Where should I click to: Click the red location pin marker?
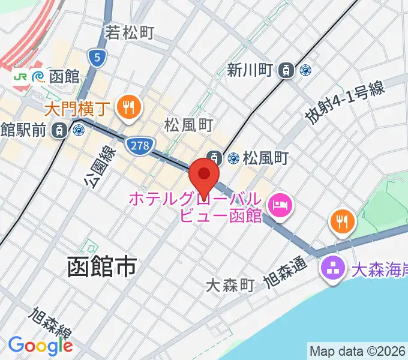click(x=204, y=175)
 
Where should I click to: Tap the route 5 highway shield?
click(x=97, y=58)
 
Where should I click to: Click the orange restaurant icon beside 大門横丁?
click(x=128, y=108)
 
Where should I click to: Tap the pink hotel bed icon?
click(x=280, y=207)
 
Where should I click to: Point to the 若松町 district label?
click(x=130, y=32)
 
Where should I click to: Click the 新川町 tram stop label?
click(x=251, y=70)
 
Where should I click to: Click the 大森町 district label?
click(x=230, y=286)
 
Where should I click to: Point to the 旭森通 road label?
click(x=285, y=272)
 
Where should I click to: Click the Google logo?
click(x=40, y=346)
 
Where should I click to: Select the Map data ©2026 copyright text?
click(x=358, y=351)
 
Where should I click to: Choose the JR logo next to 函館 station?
click(x=20, y=76)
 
